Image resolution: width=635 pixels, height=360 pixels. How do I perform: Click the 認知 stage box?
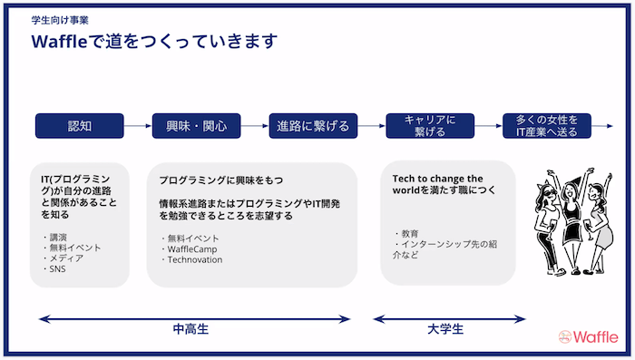[78, 125]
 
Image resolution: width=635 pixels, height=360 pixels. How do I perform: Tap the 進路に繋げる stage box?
[313, 125]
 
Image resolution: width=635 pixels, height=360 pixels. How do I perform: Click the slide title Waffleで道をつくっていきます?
[154, 43]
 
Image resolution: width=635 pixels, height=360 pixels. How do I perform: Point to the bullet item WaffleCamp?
[192, 248]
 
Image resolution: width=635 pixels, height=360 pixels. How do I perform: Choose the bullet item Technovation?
[194, 258]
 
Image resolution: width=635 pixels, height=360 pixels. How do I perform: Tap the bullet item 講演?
[56, 236]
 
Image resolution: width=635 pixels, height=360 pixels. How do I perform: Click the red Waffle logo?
[588, 336]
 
